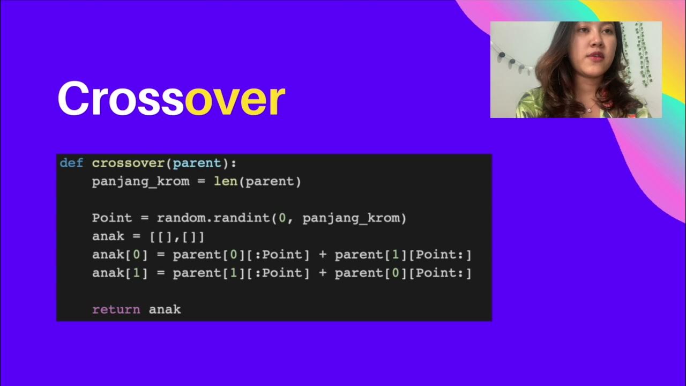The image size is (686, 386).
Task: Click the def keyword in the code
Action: coord(71,163)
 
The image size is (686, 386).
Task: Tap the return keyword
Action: coord(116,309)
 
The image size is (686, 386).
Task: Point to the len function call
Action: coord(226,181)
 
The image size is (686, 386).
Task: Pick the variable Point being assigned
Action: coord(111,218)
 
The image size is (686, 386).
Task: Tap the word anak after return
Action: coord(165,309)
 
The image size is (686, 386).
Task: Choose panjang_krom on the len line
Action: coord(140,181)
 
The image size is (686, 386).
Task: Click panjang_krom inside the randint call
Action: coord(351,218)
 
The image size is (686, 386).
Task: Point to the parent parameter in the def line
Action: coord(197,163)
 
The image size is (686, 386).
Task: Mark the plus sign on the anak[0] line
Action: coord(322,255)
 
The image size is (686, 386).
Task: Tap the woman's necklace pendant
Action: coord(589,110)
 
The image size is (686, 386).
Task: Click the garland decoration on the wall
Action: coord(511,62)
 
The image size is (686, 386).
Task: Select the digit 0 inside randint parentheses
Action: coord(282,218)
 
